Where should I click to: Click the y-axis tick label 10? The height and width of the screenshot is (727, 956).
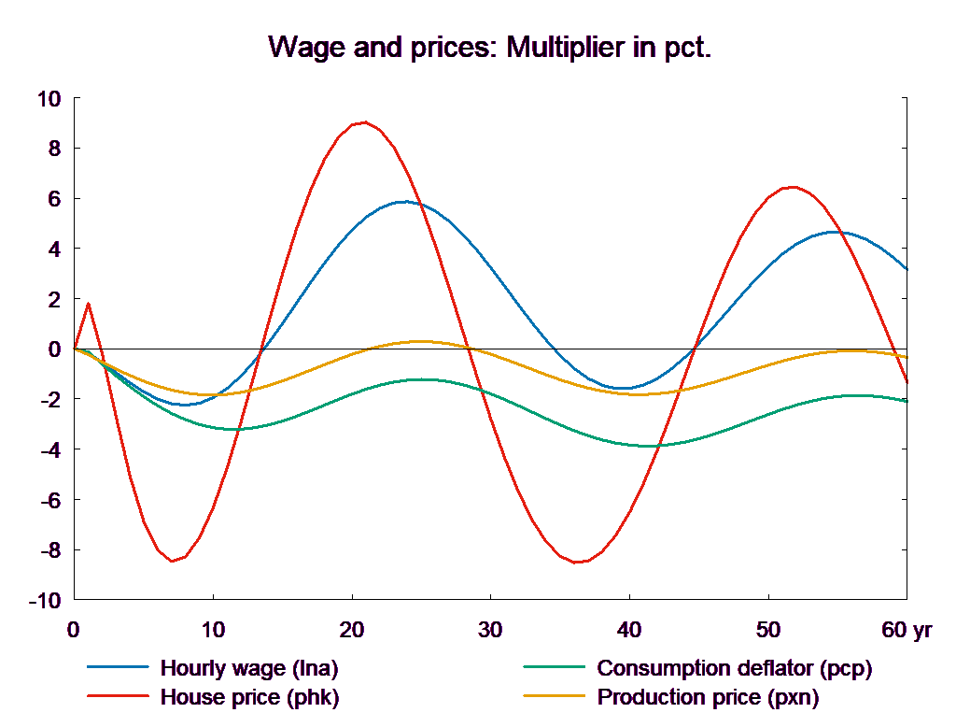(48, 98)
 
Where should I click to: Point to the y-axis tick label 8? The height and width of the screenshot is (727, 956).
(52, 148)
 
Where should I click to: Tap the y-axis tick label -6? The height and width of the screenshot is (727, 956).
(48, 500)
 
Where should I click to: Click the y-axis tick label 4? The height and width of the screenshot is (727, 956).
(52, 249)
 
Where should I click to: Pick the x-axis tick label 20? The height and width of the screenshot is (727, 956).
(351, 630)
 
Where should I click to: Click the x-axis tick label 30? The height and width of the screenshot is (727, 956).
(490, 630)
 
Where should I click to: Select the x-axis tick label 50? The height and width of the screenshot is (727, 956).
(767, 630)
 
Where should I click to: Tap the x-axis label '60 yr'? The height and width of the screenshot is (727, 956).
(906, 630)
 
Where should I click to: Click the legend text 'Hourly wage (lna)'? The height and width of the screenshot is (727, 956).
(249, 668)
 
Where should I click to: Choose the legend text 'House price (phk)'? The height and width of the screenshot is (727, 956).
(250, 697)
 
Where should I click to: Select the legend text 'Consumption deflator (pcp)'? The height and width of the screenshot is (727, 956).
(734, 668)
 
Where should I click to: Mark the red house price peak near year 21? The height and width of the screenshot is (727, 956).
(364, 122)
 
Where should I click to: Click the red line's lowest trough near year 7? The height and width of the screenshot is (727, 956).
(173, 562)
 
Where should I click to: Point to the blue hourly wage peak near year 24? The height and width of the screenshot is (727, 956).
(404, 201)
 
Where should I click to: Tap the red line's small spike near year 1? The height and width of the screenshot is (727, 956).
(88, 303)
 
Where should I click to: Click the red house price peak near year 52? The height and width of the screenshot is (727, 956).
(792, 187)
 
